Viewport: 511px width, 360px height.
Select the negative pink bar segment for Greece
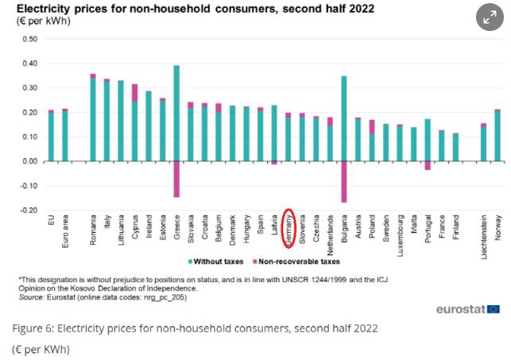[176, 179]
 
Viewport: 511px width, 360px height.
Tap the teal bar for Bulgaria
[344, 118]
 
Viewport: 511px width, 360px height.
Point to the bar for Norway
[497, 136]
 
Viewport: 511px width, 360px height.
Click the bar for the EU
[51, 136]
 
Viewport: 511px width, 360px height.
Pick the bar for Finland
[455, 147]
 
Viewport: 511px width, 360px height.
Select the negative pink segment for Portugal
[428, 165]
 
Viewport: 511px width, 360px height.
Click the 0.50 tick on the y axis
[29, 39]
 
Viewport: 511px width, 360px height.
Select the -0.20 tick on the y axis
[29, 211]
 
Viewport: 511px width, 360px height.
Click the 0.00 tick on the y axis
[29, 161]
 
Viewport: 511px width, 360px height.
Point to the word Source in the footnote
[32, 295]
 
